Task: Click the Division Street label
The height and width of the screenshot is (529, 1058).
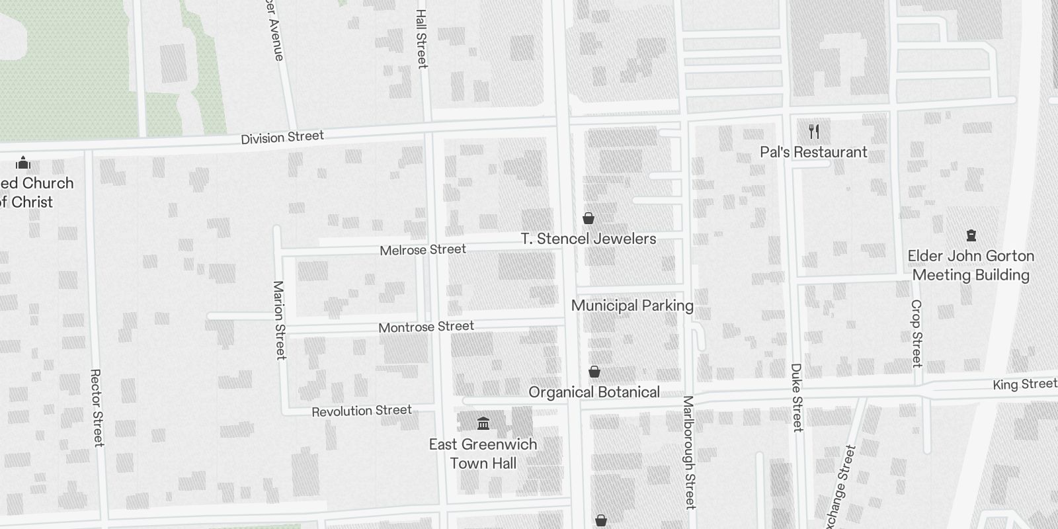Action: tap(282, 138)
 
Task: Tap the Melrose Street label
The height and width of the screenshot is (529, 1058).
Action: tap(423, 250)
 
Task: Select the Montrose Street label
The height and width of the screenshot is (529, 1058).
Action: tap(426, 327)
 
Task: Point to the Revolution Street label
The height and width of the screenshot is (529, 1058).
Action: tap(362, 411)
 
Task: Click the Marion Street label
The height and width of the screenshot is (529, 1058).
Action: tap(280, 320)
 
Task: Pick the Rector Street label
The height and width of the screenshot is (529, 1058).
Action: tap(97, 408)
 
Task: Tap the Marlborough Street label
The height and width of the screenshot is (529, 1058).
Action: tap(689, 452)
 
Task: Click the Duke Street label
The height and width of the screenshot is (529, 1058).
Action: tap(797, 397)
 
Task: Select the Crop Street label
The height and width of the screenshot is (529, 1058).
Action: tap(916, 333)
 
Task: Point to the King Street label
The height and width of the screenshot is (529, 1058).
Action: tap(1024, 384)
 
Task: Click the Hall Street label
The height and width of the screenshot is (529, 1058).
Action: tap(422, 38)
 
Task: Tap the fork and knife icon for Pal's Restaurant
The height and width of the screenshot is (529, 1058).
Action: tap(814, 132)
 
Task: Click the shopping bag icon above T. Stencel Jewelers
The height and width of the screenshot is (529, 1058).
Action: tap(588, 218)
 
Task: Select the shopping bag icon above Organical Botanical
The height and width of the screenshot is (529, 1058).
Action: tap(594, 372)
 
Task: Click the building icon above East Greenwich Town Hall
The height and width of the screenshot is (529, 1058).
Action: tap(483, 423)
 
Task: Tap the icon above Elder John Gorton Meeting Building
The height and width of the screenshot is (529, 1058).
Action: tap(971, 235)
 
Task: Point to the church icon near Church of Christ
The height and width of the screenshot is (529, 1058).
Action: tap(23, 162)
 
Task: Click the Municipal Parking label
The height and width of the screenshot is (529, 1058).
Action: tap(632, 305)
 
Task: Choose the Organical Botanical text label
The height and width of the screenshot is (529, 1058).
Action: tap(594, 392)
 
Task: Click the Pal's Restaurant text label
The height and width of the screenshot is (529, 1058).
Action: tap(813, 152)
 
